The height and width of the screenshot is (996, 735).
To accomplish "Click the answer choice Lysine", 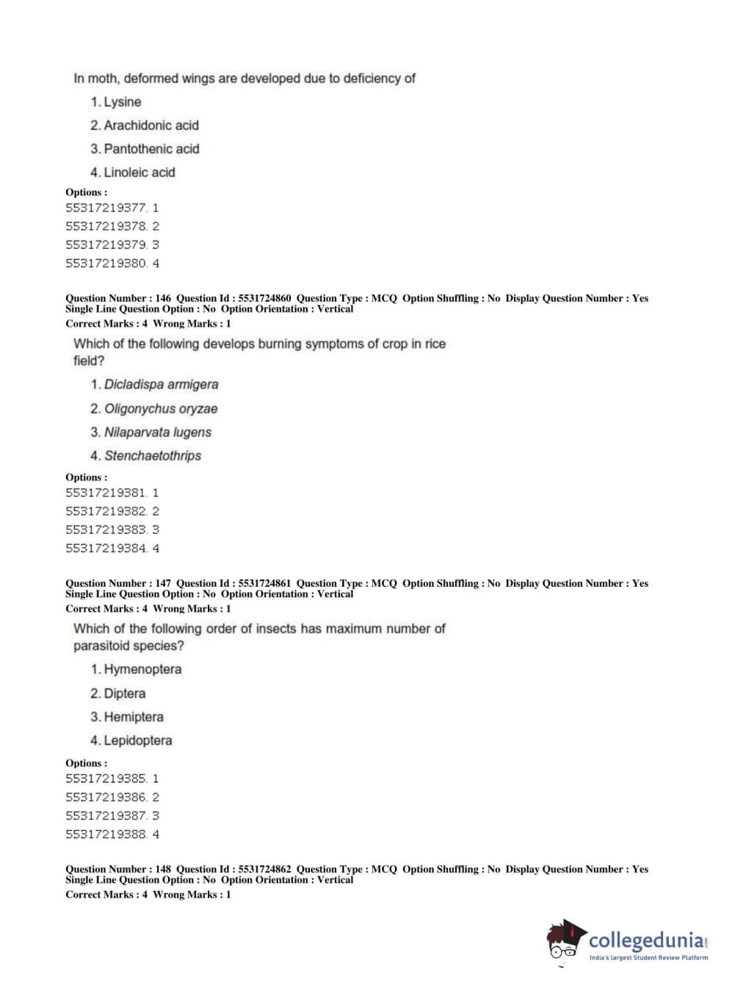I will point(122,102).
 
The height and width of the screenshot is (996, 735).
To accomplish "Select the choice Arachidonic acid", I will point(151,126).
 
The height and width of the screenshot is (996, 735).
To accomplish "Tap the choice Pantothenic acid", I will point(151,149).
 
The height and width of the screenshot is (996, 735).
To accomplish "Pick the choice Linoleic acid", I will point(139,173).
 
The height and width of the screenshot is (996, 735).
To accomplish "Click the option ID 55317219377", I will point(106,208).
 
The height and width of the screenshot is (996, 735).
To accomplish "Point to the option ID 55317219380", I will point(106,263).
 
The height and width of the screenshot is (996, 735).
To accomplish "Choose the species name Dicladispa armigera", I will point(161,384).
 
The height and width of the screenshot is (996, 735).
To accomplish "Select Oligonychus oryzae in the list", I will point(160,408).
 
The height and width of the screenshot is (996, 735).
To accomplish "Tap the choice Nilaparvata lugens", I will point(157,432).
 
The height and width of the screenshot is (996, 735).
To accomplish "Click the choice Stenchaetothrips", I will point(152,455).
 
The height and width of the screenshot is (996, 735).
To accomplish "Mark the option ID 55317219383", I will point(106,530).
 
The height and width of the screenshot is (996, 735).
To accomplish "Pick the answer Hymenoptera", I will point(142,669).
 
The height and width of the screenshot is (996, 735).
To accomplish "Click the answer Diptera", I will point(124,693).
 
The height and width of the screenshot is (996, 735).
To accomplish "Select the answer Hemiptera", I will point(133,717).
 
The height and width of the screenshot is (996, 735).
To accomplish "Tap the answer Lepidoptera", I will point(137,740).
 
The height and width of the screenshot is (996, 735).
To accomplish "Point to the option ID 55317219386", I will point(106,797).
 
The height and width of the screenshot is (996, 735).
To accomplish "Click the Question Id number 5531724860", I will point(264,298).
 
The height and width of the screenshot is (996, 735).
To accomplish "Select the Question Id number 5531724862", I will point(264,869).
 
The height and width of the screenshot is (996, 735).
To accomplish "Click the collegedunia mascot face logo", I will point(565,940).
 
